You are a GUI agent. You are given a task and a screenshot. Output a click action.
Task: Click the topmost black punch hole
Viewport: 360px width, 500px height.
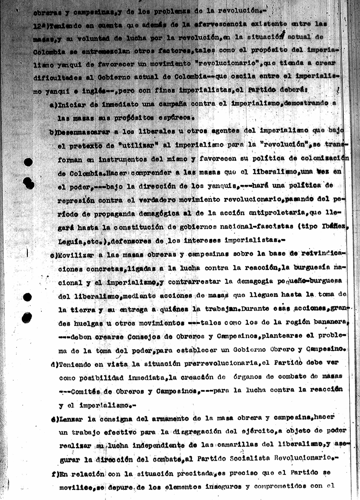(28, 162)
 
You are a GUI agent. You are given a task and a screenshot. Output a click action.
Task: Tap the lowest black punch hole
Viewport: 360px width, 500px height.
(27, 318)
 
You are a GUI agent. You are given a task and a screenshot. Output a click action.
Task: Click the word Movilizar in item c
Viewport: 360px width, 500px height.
(76, 254)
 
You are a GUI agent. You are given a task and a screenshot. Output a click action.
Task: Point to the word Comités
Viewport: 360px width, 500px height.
(87, 391)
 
